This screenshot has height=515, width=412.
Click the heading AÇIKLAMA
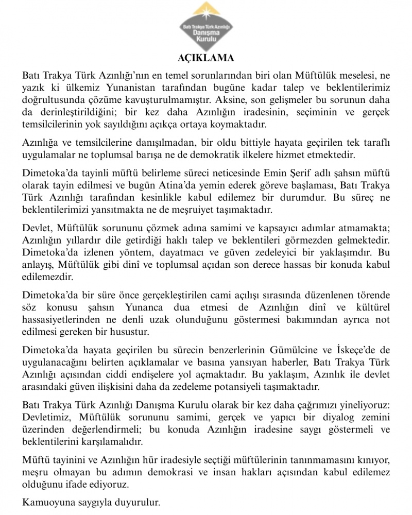[x=205, y=57]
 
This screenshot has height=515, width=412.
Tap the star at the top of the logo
[x=206, y=10]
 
